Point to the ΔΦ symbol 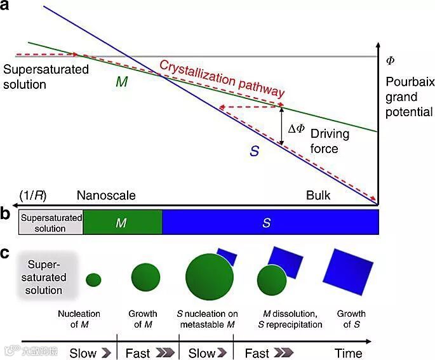(x=297, y=130)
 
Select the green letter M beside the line (x=123, y=83)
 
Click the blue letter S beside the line (x=255, y=151)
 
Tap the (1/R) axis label (x=32, y=194)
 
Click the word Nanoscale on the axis (x=106, y=195)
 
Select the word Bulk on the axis (x=318, y=195)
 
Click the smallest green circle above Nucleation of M (x=93, y=279)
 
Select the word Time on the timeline (x=349, y=353)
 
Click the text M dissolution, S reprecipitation (x=293, y=319)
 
